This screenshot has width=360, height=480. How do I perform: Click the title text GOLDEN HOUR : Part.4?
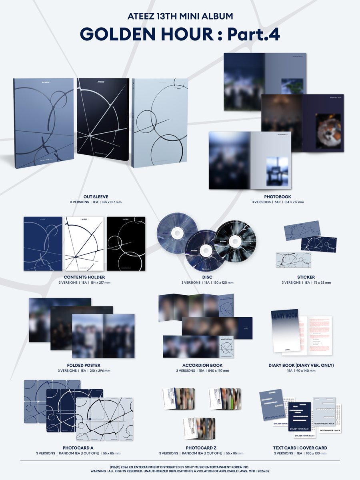180,35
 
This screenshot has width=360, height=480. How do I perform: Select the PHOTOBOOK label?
278,197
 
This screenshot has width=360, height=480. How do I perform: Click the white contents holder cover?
84,244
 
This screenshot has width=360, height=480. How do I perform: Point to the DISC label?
196,277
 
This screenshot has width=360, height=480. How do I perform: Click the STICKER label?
306,277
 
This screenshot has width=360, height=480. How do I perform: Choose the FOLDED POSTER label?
84,365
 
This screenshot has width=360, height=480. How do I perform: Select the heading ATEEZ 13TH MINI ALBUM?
180,16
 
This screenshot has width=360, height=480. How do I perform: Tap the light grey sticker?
293,260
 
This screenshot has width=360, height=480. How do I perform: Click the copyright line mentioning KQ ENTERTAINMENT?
180,466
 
